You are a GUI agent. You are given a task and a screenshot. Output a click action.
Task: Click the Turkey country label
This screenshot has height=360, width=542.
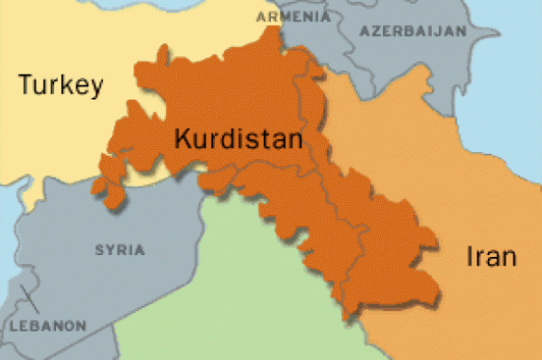tap(61, 86)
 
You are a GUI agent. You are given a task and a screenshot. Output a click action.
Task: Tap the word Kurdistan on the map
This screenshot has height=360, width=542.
tap(238, 140)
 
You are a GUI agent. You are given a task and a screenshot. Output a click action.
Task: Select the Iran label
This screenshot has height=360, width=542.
tap(490, 258)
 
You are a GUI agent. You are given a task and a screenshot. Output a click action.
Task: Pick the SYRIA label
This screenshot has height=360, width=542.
tap(120, 250)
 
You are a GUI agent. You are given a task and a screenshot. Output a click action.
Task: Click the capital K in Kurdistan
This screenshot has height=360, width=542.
tap(182, 140)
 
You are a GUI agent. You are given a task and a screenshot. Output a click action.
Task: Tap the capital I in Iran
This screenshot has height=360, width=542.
tap(470, 258)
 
